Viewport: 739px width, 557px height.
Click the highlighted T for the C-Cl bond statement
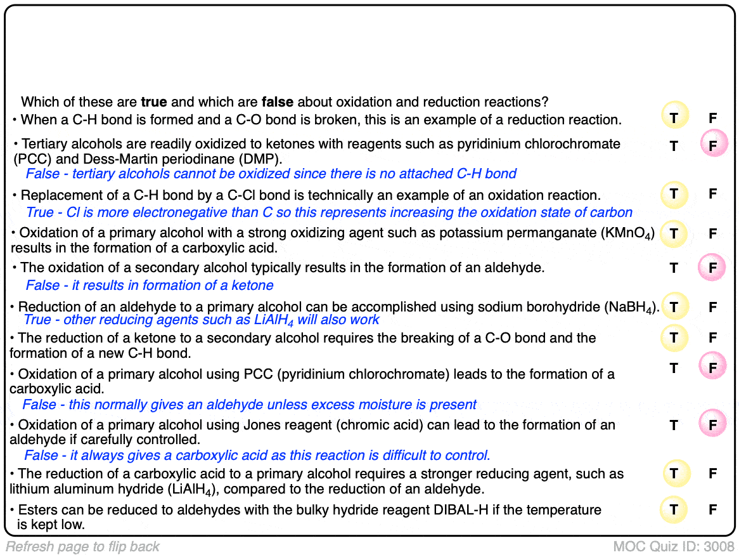(674, 194)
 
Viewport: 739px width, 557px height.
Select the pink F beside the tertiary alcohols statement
(713, 146)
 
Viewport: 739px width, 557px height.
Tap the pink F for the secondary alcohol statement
(713, 268)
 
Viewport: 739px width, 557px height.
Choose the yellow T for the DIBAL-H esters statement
(674, 509)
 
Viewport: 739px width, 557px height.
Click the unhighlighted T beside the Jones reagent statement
(674, 425)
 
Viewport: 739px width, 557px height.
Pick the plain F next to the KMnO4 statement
(713, 233)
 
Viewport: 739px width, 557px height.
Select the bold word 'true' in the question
(154, 102)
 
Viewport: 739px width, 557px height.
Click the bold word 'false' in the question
(277, 102)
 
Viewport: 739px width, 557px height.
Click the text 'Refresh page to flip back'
(83, 546)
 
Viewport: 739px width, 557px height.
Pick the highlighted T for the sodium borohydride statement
(674, 308)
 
